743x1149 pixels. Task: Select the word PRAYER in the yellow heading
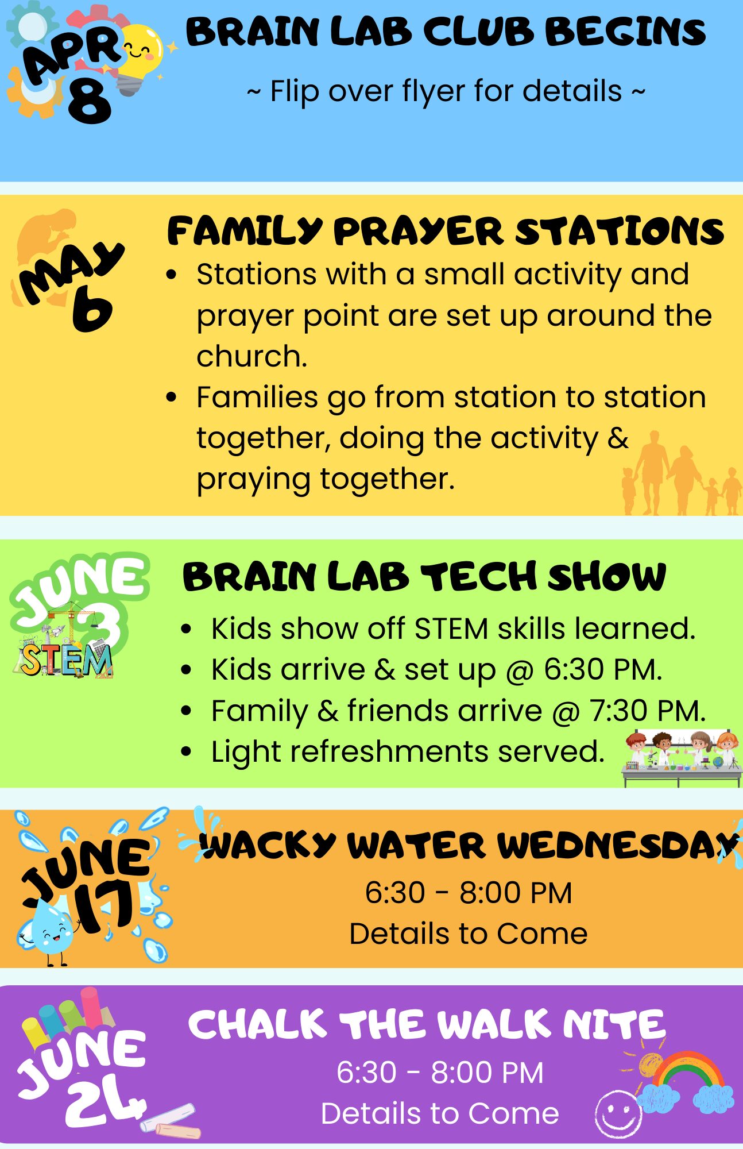(x=418, y=232)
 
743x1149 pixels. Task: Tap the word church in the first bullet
(x=251, y=356)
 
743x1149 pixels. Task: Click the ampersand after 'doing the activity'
(x=618, y=438)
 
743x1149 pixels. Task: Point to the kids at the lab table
(x=682, y=757)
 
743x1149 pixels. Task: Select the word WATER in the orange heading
(x=417, y=846)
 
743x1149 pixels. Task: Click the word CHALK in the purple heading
(x=257, y=1024)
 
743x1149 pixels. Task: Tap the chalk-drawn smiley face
(x=618, y=1115)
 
